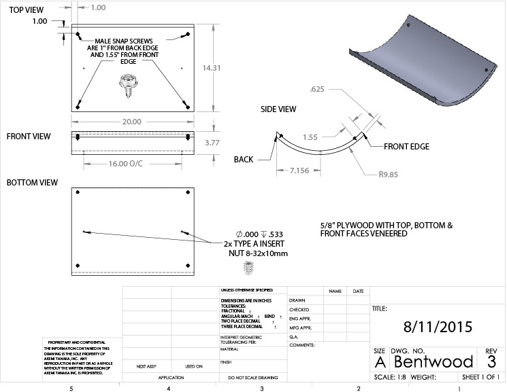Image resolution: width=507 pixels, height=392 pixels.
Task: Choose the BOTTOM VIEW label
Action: [x=33, y=183]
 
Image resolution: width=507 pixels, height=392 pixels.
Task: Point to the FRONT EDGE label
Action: [x=407, y=146]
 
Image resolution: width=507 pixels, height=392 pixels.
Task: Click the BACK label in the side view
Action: [x=244, y=160]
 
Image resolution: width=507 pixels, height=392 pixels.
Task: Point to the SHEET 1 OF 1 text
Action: [x=480, y=378]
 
